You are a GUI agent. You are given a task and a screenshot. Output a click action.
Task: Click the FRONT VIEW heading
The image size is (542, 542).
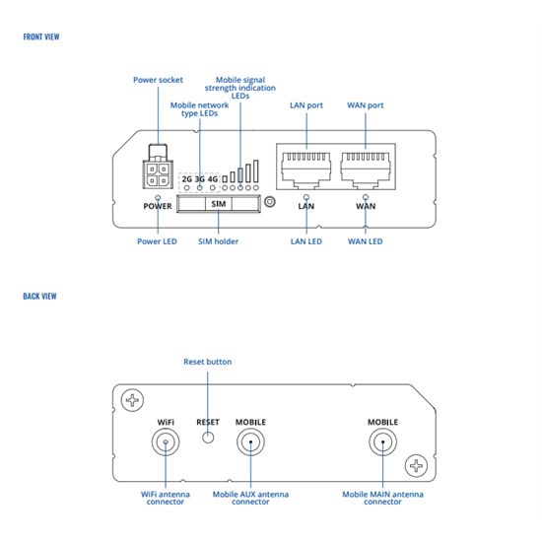(41, 36)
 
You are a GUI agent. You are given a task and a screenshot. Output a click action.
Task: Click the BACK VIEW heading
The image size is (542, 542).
(39, 297)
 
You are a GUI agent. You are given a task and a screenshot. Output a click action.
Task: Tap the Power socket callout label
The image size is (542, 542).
(158, 80)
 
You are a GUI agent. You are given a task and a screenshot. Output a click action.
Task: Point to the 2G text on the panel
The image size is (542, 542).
(186, 179)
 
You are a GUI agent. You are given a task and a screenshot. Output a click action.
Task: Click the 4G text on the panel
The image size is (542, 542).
(213, 179)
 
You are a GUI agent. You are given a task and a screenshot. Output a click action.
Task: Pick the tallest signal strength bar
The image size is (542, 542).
(256, 171)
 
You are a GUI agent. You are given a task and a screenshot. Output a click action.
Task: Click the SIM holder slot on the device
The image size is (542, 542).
(219, 204)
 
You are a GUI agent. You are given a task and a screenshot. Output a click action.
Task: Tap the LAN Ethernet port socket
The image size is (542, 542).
(305, 170)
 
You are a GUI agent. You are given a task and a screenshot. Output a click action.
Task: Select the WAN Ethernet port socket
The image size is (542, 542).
(366, 170)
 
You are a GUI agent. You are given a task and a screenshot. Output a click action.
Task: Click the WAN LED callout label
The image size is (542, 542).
(366, 241)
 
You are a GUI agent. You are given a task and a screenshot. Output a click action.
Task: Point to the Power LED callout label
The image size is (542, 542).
(157, 241)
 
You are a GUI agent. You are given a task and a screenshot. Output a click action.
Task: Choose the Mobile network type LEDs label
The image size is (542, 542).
(199, 109)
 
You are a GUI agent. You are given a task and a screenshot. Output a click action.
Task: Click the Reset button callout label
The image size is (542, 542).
(207, 362)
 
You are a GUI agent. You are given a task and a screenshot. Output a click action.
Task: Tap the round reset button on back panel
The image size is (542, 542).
(208, 438)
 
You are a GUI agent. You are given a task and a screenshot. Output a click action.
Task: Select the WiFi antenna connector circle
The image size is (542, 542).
(166, 441)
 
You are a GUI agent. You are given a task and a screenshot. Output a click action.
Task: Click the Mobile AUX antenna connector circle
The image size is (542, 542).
(250, 441)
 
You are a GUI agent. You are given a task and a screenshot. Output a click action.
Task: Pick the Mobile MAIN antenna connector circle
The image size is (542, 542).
(382, 441)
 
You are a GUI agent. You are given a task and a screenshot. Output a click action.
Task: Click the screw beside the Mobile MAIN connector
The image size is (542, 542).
(416, 465)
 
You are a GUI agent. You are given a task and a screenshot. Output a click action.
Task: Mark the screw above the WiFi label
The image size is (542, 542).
(132, 400)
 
